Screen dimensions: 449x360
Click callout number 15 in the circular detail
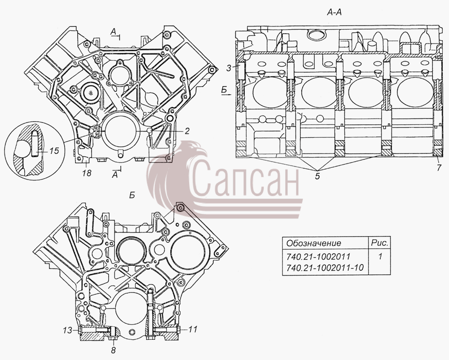pos(53,150)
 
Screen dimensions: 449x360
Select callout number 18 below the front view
pos(86,173)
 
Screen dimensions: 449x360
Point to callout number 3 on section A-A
pos(229,68)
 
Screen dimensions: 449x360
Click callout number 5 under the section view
pos(317,176)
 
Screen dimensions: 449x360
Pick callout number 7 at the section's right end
pos(439,168)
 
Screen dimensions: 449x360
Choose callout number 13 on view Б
pos(68,330)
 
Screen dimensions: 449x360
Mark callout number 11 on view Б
pos(193,329)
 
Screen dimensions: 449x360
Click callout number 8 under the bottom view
pos(114,350)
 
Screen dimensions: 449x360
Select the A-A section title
pos(334,12)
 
